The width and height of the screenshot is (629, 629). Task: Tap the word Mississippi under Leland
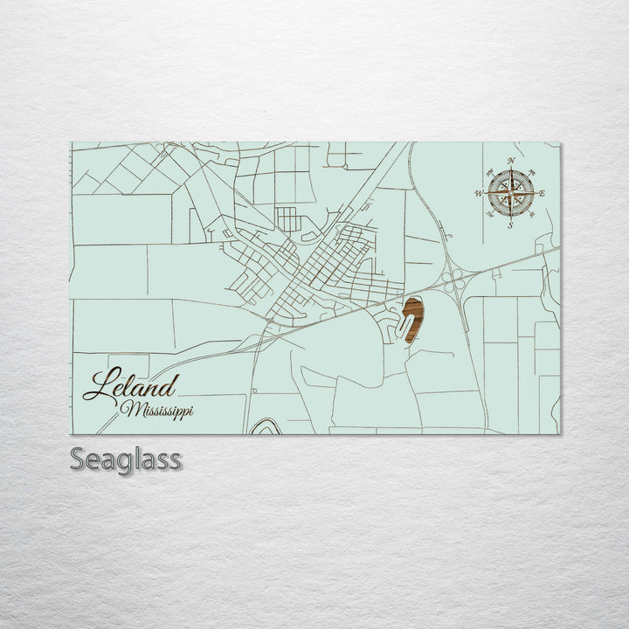(x=158, y=409)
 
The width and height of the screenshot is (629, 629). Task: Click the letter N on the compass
(x=510, y=160)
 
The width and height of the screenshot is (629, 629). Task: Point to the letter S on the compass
(x=510, y=225)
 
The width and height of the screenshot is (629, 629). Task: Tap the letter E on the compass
(x=543, y=193)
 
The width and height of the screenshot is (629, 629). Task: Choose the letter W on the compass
(x=479, y=193)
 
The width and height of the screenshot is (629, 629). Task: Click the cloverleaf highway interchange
(x=453, y=280)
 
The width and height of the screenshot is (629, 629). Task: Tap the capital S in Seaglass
(x=77, y=459)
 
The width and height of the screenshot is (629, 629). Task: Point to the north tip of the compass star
(x=510, y=169)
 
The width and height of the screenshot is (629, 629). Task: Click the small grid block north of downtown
(x=287, y=218)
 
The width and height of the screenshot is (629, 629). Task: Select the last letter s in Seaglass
(x=175, y=460)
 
